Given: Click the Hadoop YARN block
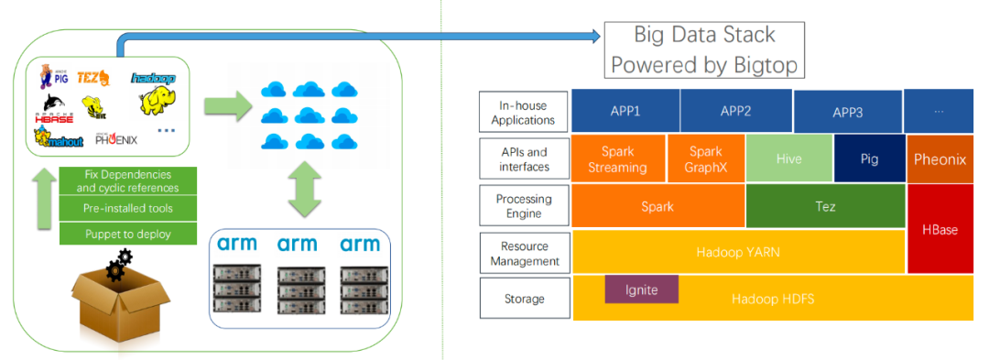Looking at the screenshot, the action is tap(738, 252).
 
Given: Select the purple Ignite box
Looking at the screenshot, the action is tap(641, 289).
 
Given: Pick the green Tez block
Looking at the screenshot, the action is tap(825, 206).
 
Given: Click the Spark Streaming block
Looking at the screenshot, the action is tap(619, 158).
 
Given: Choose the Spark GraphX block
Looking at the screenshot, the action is tap(706, 158).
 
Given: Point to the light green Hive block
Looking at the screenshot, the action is tap(789, 158).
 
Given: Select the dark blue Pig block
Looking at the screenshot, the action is tap(870, 158).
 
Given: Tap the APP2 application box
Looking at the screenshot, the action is tap(735, 111).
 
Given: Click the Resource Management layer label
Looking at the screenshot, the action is tap(524, 254).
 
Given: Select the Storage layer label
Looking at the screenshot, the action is tap(524, 299).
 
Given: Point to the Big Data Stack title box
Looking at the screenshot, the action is tap(704, 49).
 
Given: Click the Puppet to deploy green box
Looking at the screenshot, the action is tap(128, 234).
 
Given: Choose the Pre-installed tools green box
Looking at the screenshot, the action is tap(128, 208).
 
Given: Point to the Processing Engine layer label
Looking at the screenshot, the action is tap(524, 206).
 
